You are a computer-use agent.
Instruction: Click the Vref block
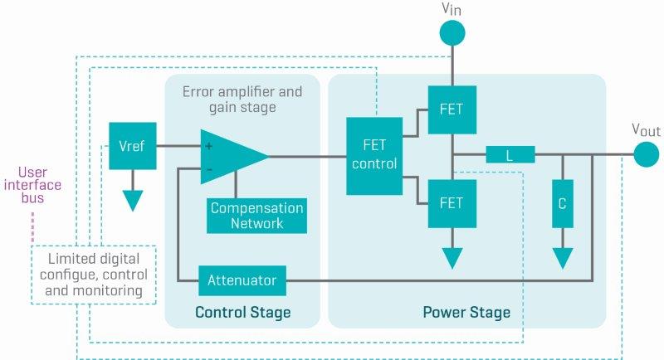(132, 145)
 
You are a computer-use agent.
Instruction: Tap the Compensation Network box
(256, 216)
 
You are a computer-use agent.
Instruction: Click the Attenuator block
(242, 280)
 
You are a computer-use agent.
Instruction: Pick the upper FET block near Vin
(452, 109)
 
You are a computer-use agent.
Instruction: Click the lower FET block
(452, 203)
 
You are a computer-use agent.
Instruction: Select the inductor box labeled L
(510, 155)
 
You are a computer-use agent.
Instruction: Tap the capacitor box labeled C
(562, 202)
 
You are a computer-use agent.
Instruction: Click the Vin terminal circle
(452, 32)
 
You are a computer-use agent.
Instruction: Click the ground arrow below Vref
(132, 200)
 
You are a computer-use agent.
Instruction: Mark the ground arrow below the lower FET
(452, 257)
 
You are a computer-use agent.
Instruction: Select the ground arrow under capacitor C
(562, 257)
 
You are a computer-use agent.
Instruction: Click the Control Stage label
(242, 313)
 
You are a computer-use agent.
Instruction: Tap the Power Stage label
(466, 313)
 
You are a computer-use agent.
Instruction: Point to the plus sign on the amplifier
(208, 146)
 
